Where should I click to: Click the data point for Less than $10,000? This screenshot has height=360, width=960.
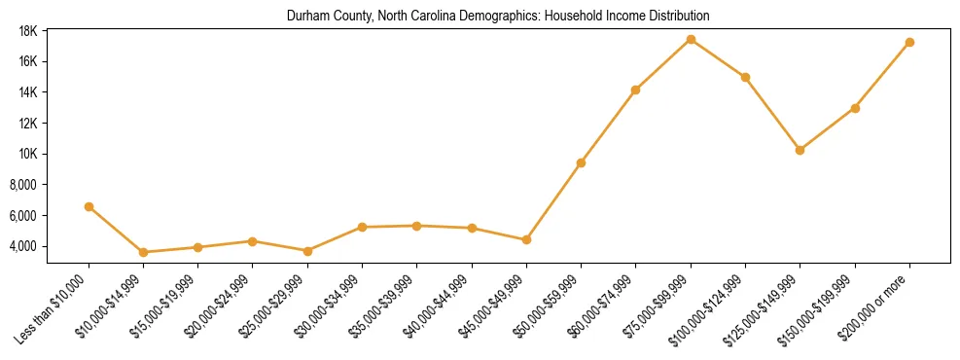point(89,206)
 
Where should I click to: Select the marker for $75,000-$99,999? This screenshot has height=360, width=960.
point(691,39)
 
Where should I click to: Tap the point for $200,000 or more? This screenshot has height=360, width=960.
point(909,42)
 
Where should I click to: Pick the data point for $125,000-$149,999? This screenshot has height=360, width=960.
point(800,150)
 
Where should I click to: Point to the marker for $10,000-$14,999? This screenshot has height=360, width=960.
point(143,252)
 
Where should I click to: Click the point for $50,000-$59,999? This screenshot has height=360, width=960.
point(581,162)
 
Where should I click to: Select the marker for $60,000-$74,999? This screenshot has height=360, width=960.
point(635,90)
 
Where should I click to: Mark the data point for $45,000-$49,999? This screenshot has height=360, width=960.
point(526,239)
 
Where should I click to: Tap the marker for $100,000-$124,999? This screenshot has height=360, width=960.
point(745,77)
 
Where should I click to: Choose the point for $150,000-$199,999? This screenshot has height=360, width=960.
point(855,108)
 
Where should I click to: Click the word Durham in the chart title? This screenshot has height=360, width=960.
point(305,17)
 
